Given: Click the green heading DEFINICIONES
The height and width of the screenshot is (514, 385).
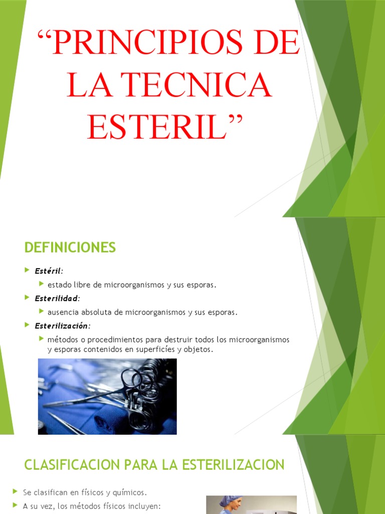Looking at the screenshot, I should point(70,247).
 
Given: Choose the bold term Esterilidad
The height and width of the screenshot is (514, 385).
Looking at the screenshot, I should point(56,299).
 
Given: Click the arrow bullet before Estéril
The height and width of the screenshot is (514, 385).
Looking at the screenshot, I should point(27,271).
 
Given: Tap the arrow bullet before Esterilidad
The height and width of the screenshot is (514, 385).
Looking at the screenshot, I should point(27,298).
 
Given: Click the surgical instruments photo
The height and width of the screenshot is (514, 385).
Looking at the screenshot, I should point(107,396).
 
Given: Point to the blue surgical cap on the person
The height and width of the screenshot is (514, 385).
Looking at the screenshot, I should point(230,500).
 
